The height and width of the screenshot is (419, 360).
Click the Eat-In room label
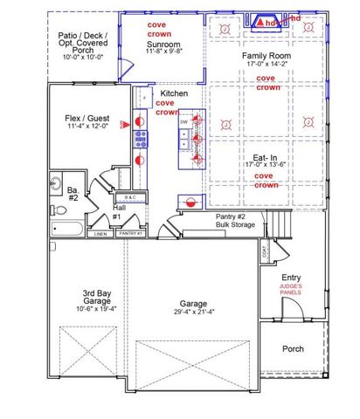[267, 158]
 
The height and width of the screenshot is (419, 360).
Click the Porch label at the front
[293, 349]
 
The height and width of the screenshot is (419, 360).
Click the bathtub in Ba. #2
[66, 230]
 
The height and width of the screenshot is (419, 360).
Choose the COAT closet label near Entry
[264, 252]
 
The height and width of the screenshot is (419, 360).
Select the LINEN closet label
[100, 234]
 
